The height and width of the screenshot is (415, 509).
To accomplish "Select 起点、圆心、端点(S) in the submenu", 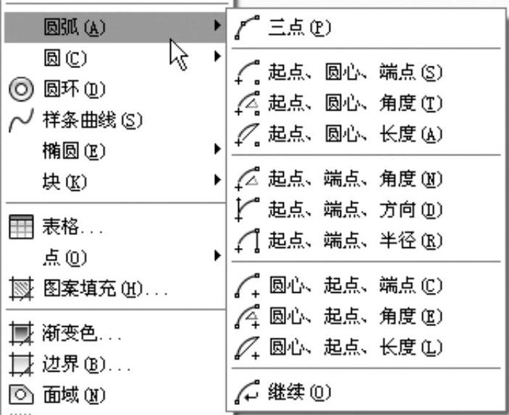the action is (355, 72).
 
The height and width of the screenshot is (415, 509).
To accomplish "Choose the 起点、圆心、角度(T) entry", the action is (355, 103).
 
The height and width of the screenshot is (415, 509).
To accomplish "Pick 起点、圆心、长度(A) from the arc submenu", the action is (355, 134).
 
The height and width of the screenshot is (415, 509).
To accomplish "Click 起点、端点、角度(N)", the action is (355, 178).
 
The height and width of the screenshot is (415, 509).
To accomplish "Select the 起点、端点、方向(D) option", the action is (355, 209).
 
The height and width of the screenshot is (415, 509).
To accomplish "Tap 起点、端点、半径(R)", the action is (355, 240).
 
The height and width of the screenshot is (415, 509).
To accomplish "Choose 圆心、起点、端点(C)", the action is (355, 285).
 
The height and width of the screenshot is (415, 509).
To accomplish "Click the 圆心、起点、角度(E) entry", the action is (355, 316).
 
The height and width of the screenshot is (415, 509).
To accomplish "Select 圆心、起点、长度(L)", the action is (355, 347).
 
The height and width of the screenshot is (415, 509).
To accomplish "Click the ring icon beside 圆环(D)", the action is (21, 90).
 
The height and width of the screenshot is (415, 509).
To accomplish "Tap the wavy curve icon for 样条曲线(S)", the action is (21, 121).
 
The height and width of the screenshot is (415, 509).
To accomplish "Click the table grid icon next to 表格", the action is (20, 229).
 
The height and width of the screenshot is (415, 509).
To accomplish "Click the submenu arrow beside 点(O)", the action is (217, 254).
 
